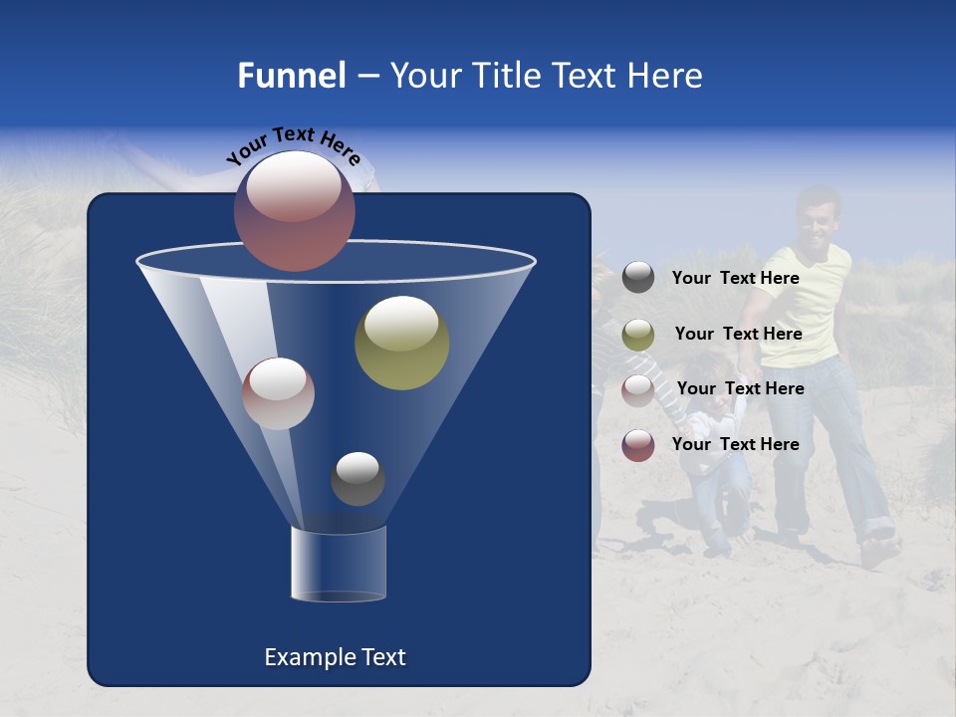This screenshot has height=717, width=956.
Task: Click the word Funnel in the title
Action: coord(291,76)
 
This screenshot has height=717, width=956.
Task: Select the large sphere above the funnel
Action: coord(295,210)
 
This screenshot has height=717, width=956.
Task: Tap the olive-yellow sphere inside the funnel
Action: coord(401,343)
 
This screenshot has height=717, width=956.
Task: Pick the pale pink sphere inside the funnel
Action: coord(278,393)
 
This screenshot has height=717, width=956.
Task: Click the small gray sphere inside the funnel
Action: coord(358,479)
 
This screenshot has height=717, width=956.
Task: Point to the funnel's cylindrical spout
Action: coord(338,564)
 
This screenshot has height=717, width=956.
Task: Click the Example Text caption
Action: coord(335,657)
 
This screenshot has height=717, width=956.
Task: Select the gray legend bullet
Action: coord(638,278)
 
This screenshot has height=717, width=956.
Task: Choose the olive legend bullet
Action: coord(638,335)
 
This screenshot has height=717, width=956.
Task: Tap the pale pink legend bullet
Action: coord(638,389)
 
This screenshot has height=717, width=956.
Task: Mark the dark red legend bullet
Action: coord(638,445)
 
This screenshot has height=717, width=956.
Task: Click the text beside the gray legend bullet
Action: coord(735,279)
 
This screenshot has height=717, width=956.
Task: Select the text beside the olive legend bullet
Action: coord(738,335)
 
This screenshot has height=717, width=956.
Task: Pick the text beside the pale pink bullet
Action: coord(740,389)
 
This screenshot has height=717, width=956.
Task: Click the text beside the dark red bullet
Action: coord(735,445)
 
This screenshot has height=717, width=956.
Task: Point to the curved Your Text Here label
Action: coord(293,145)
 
